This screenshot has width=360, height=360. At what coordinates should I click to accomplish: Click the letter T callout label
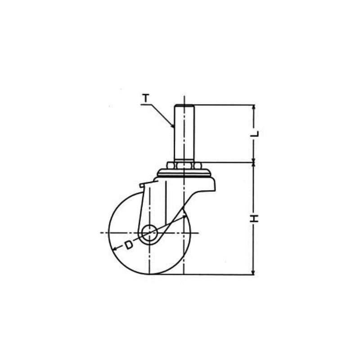(x=145, y=99)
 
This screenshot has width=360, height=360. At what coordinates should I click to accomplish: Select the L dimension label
(x=255, y=134)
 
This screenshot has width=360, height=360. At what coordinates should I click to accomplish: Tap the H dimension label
(x=254, y=218)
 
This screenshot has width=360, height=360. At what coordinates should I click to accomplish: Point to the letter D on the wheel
(x=129, y=245)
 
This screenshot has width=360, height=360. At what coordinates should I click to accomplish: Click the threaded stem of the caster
(x=184, y=133)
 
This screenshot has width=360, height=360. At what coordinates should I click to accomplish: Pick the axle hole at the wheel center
(x=149, y=233)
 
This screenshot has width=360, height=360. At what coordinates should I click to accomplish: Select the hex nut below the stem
(x=184, y=166)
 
